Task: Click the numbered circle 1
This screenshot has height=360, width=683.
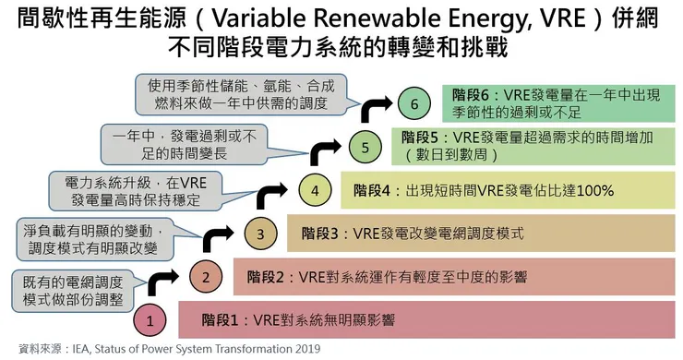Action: click(x=150, y=320)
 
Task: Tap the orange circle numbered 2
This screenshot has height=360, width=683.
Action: click(x=207, y=275)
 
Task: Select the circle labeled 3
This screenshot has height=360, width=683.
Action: click(x=261, y=234)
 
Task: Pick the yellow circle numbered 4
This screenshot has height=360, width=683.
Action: click(x=315, y=191)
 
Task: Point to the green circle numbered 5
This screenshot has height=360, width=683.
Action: click(x=365, y=146)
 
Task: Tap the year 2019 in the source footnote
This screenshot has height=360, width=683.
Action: click(x=303, y=349)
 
